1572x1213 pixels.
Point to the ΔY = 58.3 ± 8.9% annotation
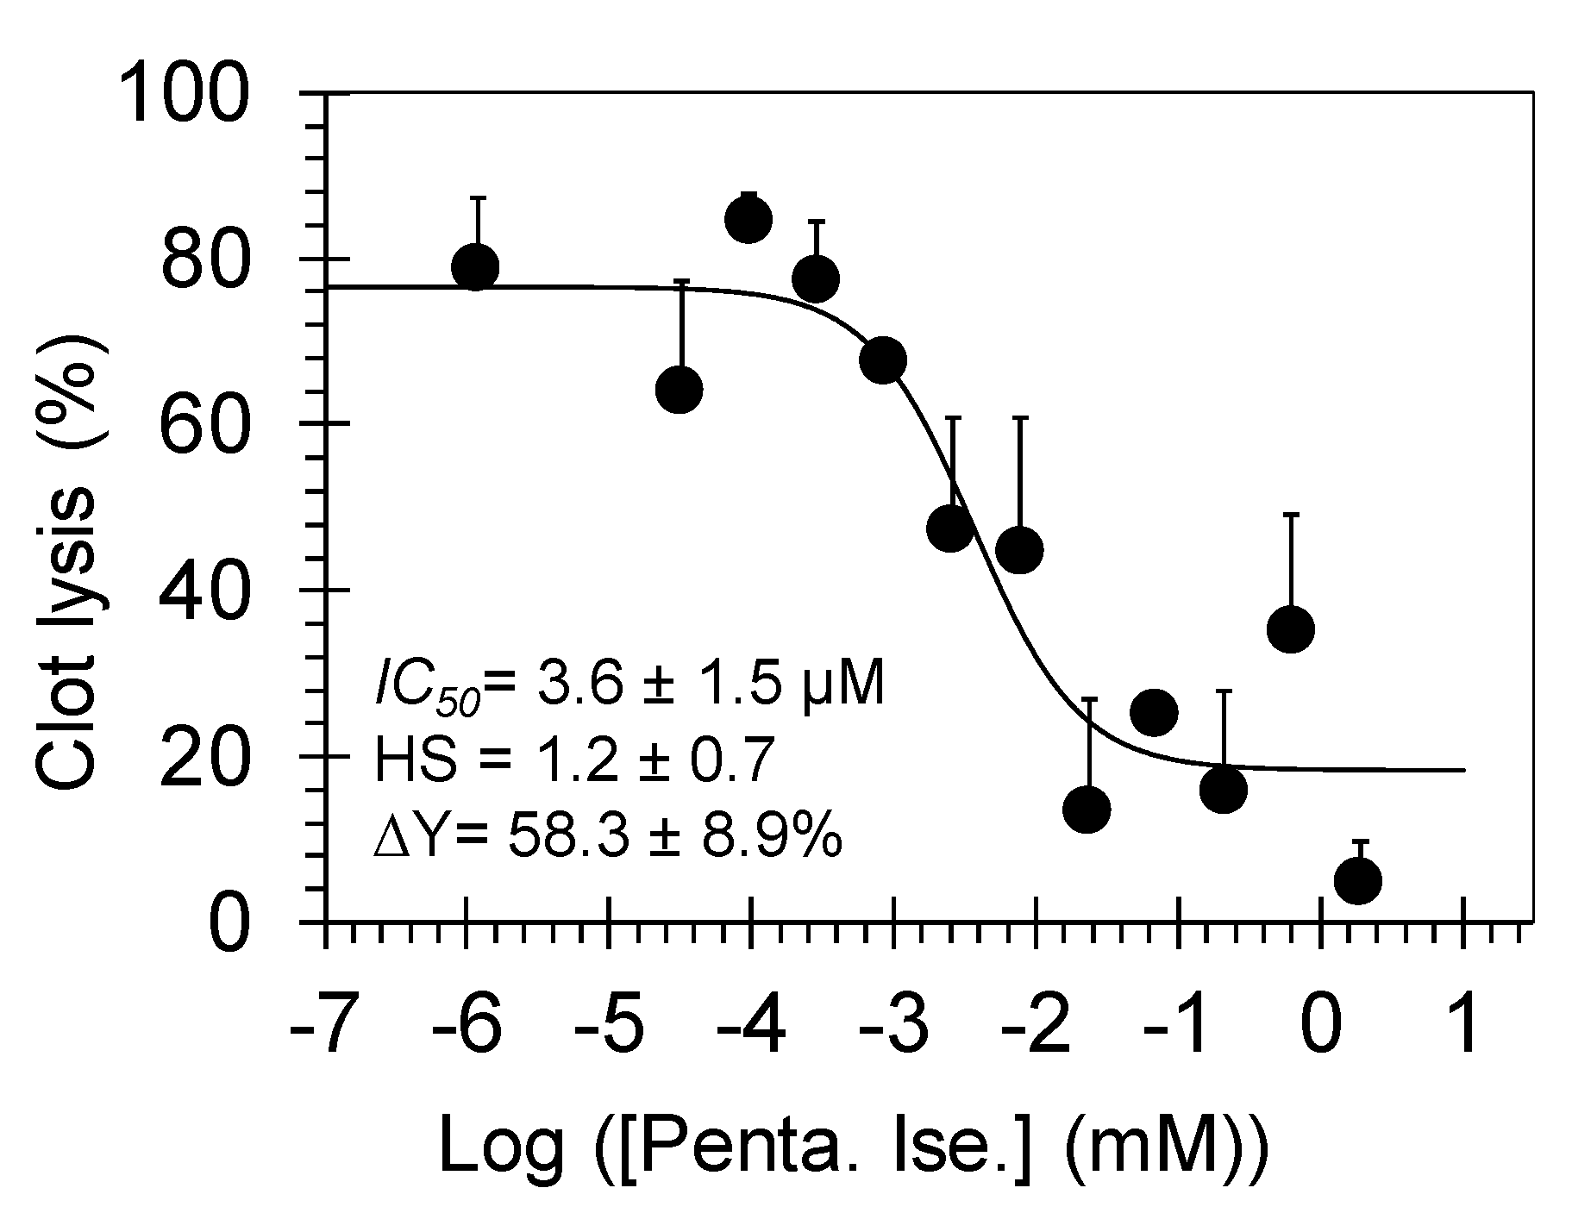tap(607, 835)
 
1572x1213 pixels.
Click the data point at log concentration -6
tap(475, 267)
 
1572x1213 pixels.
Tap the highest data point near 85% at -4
tap(748, 219)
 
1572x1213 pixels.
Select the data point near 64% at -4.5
tap(680, 390)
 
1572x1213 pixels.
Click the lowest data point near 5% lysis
tap(1358, 881)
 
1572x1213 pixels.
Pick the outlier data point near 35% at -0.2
tap(1291, 629)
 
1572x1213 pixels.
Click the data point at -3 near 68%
tap(883, 360)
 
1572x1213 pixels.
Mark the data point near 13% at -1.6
tap(1087, 809)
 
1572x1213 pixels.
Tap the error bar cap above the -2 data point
tap(1020, 417)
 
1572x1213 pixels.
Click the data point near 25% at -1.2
tap(1155, 712)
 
